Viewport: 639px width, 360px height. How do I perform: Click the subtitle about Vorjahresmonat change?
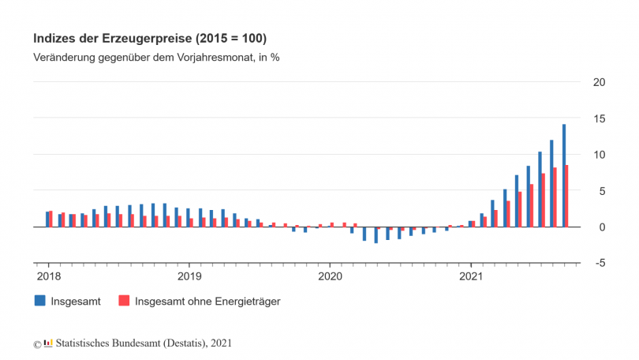point(156,58)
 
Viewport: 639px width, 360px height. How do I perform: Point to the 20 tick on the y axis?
point(599,82)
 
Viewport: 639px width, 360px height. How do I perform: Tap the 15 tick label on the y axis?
point(599,118)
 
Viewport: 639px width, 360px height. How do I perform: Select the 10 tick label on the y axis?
point(599,155)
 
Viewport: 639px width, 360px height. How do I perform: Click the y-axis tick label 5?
point(602,191)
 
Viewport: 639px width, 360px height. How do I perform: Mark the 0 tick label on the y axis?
point(602,227)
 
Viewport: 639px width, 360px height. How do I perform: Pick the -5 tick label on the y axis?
point(600,264)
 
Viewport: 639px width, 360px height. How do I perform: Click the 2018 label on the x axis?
point(48,276)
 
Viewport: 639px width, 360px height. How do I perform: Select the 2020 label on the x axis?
point(330,276)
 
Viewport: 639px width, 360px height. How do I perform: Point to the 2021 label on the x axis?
point(470,276)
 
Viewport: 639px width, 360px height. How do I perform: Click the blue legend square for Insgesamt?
point(39,301)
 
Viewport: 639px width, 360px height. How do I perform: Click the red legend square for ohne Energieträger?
point(123,301)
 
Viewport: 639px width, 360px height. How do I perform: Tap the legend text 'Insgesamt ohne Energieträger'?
point(208,301)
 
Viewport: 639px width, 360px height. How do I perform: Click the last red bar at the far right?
point(567,196)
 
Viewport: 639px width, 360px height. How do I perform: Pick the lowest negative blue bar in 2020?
point(376,234)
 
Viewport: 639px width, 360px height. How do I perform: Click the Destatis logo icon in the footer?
point(48,343)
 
